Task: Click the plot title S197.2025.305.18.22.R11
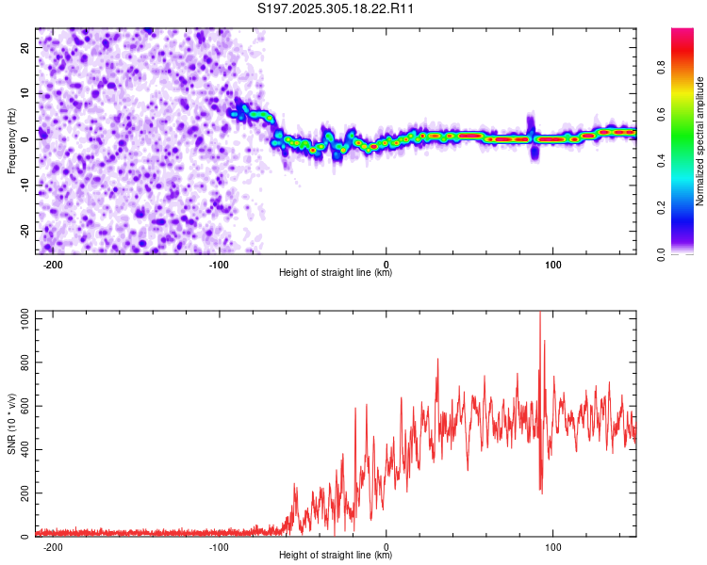[x=337, y=8]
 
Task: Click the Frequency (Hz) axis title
[x=11, y=140]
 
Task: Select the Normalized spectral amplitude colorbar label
[x=700, y=141]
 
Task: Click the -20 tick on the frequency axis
[x=25, y=230]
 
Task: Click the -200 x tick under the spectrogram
[x=53, y=266]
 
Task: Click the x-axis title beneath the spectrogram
[x=336, y=273]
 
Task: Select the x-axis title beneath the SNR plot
[x=336, y=556]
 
